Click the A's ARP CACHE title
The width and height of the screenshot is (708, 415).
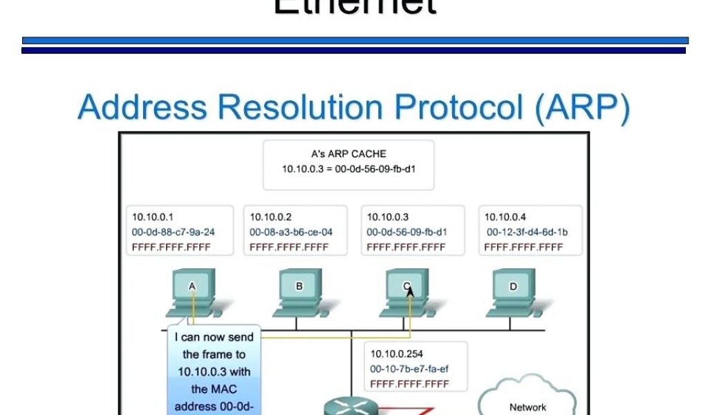[x=348, y=154]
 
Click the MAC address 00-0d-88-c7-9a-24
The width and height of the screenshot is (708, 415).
[x=173, y=232]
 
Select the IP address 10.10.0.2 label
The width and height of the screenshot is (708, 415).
[x=270, y=217]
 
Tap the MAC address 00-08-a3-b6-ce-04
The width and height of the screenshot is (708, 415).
[x=290, y=232]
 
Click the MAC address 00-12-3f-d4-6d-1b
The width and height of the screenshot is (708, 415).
[x=527, y=232]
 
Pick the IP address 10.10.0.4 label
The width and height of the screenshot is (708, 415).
[x=505, y=217]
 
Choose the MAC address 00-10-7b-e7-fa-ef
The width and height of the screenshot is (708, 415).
[x=409, y=369]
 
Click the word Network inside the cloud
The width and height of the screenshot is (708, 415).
[x=528, y=407]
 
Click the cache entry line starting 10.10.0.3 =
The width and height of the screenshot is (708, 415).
[x=348, y=169]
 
